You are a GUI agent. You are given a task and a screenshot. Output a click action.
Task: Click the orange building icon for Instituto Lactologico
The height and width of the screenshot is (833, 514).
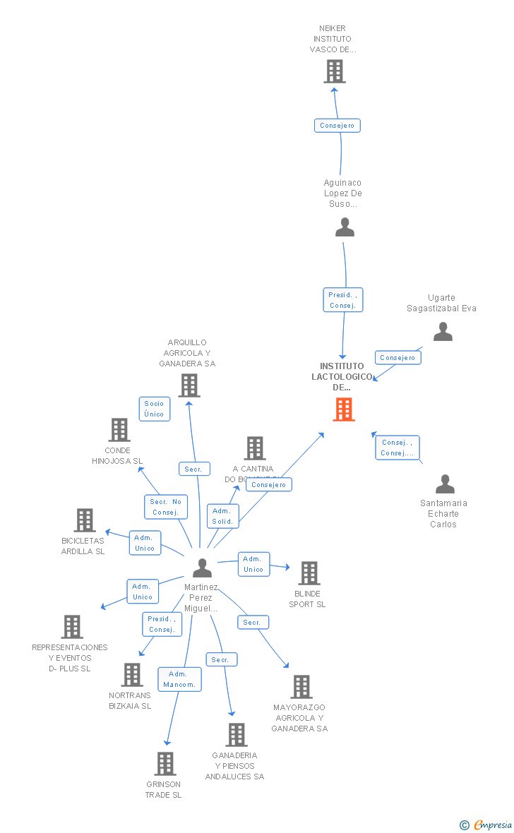tap(344, 409)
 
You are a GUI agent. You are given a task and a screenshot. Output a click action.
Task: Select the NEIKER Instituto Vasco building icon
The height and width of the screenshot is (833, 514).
tap(335, 71)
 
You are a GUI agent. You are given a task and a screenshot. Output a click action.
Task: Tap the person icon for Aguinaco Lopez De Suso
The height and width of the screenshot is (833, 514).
tap(345, 227)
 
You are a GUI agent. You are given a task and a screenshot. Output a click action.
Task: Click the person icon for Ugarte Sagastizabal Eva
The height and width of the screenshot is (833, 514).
tap(443, 332)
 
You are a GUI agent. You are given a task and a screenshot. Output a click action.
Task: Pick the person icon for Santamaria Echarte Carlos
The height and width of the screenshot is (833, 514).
tap(445, 484)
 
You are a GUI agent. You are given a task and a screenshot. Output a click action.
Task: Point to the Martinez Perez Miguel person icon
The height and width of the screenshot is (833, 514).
tap(202, 568)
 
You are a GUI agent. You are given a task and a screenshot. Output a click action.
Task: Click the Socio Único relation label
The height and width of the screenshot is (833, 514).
tap(154, 409)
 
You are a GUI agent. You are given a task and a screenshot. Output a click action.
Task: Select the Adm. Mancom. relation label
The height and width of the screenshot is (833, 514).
tap(179, 679)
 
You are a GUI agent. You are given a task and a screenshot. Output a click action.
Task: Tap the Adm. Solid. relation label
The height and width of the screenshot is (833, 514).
tap(223, 516)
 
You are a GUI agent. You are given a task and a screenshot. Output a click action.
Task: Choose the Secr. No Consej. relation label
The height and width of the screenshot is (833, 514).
tap(166, 507)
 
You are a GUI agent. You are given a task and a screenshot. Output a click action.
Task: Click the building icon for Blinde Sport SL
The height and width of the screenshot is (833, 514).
tap(309, 573)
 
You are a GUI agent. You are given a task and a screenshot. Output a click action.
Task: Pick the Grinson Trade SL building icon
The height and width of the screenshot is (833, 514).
tap(165, 764)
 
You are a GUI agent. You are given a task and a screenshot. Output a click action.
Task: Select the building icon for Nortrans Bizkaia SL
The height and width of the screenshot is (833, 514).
tap(131, 675)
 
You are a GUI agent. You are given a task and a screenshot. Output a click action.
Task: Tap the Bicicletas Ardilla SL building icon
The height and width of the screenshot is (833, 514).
tap(85, 520)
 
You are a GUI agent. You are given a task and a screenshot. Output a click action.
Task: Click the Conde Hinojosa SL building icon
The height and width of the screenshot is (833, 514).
tap(119, 429)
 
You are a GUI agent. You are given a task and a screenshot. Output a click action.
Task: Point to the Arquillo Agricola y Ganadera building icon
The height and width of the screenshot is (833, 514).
tap(189, 385)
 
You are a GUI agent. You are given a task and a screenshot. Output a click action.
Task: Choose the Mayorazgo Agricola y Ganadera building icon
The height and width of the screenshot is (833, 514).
tap(301, 687)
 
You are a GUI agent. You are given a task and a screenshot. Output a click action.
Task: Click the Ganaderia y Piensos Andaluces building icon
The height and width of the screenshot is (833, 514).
tap(237, 735)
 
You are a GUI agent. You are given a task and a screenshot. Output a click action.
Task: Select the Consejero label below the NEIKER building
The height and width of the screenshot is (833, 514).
tap(337, 126)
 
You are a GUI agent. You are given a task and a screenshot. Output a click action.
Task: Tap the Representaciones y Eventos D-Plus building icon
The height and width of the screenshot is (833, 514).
tap(72, 627)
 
